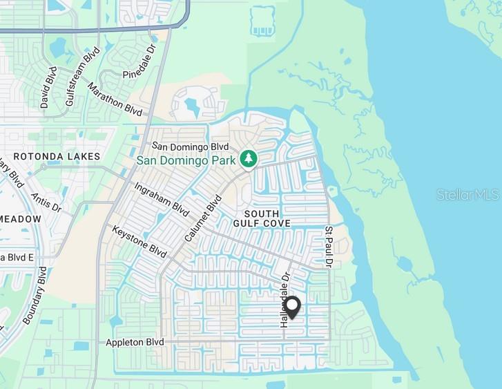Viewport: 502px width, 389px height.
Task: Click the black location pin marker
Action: (292, 307)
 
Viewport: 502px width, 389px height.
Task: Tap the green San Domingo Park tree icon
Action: (249, 159)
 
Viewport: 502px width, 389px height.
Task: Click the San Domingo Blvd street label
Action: (190, 146)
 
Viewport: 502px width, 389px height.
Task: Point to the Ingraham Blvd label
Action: (161, 198)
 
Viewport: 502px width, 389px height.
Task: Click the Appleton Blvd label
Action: (135, 343)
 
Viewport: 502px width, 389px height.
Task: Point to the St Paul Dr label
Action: (329, 247)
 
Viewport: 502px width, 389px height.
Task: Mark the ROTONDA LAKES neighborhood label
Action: (57, 157)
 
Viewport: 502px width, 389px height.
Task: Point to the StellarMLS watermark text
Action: (467, 195)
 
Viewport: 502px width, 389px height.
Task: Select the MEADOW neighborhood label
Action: (21, 219)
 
